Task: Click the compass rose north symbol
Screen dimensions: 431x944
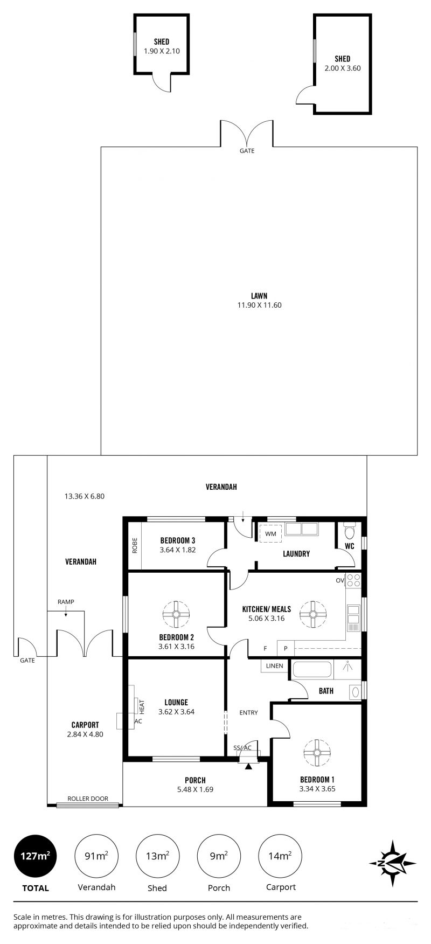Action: click(x=392, y=863)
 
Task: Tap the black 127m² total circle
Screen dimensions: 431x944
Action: click(x=36, y=856)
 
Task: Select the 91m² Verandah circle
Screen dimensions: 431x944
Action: click(x=96, y=856)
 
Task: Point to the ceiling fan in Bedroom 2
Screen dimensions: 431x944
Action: click(x=176, y=614)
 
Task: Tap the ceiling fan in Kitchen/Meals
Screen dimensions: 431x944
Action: click(x=313, y=614)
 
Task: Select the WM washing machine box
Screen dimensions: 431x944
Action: click(x=270, y=534)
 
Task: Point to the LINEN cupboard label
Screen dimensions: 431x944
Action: click(x=275, y=665)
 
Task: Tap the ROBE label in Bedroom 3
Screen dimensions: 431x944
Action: click(x=135, y=546)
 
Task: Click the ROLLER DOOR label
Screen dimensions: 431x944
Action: click(x=88, y=799)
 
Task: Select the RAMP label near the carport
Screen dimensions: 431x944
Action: click(x=66, y=601)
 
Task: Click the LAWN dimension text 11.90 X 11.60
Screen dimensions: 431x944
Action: click(x=260, y=305)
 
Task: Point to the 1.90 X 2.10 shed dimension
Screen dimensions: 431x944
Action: click(x=162, y=51)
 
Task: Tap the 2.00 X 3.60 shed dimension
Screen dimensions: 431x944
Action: click(x=342, y=68)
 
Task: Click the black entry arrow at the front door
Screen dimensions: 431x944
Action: click(x=248, y=766)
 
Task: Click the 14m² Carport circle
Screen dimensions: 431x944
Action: click(x=281, y=856)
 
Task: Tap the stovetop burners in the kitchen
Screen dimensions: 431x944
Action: click(x=353, y=580)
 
